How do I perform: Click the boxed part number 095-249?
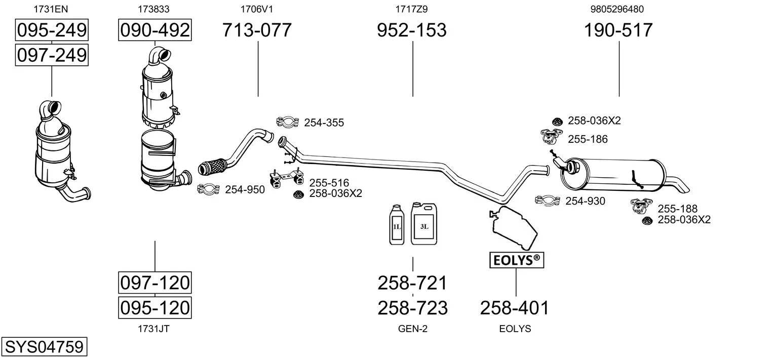[x=52, y=30]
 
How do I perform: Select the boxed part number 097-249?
[x=52, y=55]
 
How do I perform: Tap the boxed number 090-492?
[x=154, y=30]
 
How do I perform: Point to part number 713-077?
[x=257, y=30]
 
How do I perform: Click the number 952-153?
[x=412, y=30]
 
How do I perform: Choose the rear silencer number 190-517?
[x=618, y=30]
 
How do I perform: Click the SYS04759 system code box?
[x=44, y=347]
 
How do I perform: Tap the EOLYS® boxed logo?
[x=516, y=260]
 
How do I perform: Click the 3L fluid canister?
[x=423, y=223]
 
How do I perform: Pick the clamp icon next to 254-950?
[x=208, y=189]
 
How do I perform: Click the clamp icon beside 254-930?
[x=547, y=201]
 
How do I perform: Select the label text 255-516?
[x=329, y=183]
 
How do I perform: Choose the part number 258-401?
[x=514, y=307]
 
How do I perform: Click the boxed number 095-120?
[x=154, y=307]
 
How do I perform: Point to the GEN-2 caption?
[x=413, y=329]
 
